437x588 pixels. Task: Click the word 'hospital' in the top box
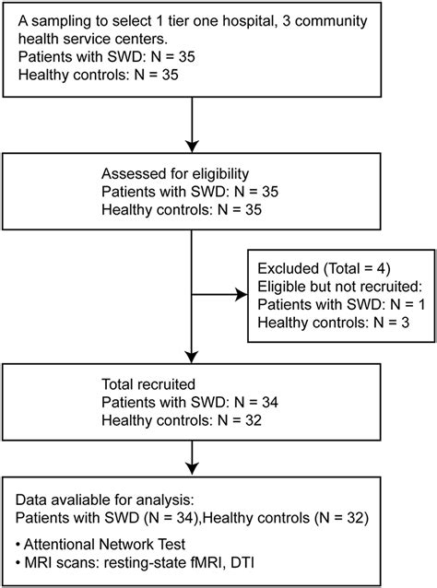click(x=246, y=21)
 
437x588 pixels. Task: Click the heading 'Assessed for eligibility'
click(x=175, y=174)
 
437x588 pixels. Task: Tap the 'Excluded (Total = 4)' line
click(x=325, y=269)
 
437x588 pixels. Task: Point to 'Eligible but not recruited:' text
click(x=340, y=287)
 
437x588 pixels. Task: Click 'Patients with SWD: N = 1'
click(x=341, y=304)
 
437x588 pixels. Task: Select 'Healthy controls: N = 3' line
click(x=334, y=323)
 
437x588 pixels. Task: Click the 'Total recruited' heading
click(x=148, y=384)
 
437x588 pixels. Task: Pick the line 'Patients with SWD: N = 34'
click(x=190, y=403)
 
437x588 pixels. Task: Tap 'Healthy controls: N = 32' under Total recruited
click(x=182, y=421)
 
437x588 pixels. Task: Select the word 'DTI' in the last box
click(x=242, y=563)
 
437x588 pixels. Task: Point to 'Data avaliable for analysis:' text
click(x=105, y=500)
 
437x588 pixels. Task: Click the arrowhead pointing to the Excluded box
click(x=242, y=295)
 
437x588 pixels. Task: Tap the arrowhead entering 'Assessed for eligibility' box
click(x=192, y=147)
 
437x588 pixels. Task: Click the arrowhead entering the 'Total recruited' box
click(x=192, y=358)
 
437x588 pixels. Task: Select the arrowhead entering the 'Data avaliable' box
click(x=192, y=469)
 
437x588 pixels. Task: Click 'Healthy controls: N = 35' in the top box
click(x=99, y=75)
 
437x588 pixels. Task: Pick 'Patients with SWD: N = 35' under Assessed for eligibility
click(x=190, y=192)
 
